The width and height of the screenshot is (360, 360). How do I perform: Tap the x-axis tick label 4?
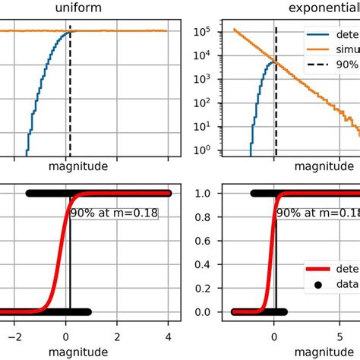coord(168,335)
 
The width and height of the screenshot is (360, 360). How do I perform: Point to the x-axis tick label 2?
coord(117,335)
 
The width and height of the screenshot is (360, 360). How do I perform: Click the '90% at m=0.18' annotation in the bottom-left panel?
coord(114,213)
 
